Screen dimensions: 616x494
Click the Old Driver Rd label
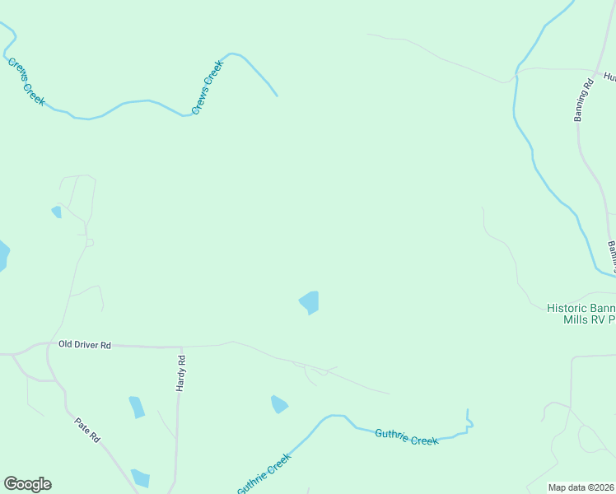(x=84, y=345)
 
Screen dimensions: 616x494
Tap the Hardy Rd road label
(x=182, y=372)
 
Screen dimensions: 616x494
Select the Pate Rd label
(x=86, y=431)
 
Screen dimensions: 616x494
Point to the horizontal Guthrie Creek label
(x=407, y=437)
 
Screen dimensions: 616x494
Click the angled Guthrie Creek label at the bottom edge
(x=264, y=475)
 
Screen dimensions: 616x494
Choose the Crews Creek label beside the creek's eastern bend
(x=208, y=86)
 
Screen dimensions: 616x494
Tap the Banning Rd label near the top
(x=582, y=100)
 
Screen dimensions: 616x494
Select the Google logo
(x=27, y=484)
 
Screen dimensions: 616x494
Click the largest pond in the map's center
(x=310, y=302)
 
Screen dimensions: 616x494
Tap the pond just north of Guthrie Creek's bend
(x=279, y=404)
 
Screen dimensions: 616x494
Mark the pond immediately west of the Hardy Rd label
(x=137, y=407)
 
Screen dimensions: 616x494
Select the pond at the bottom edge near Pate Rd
(x=141, y=478)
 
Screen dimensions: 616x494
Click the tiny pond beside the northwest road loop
(x=57, y=212)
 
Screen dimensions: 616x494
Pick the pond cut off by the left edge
(x=3, y=256)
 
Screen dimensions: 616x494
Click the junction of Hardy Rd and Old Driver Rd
(x=179, y=347)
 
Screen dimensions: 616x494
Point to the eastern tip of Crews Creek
(x=276, y=96)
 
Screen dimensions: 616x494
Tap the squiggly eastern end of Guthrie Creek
(x=469, y=422)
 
